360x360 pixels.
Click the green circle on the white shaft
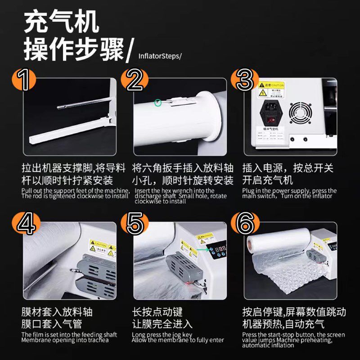[x=157, y=103]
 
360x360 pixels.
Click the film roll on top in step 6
[x=279, y=238]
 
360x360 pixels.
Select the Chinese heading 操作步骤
[x=74, y=50]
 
